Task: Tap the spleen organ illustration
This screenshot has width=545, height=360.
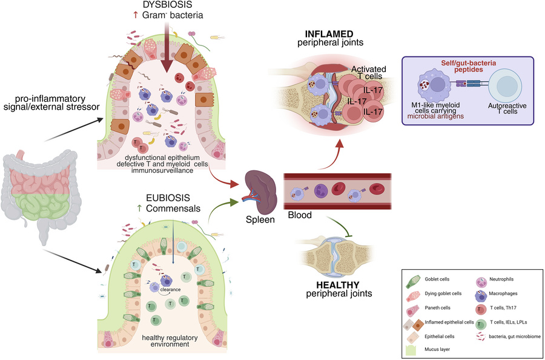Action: (260, 184)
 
